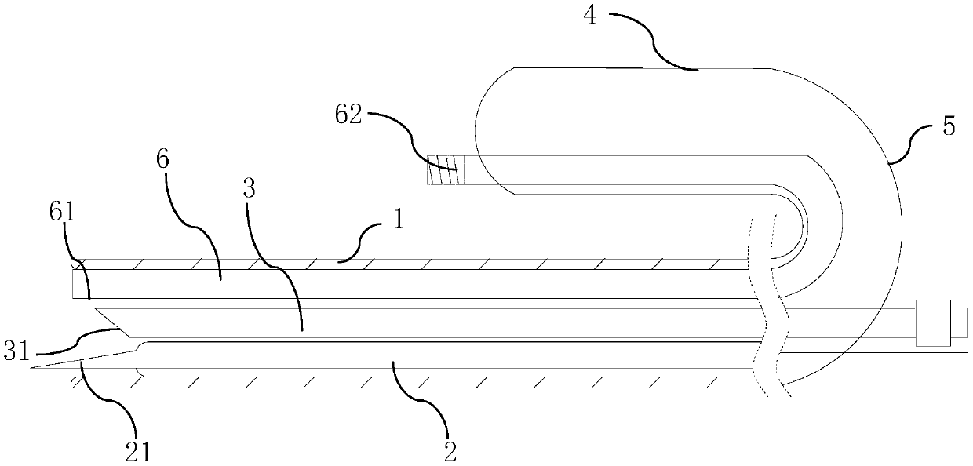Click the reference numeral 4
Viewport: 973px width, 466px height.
click(x=591, y=17)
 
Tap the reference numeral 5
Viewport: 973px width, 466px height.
click(x=948, y=127)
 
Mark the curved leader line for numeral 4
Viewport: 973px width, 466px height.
click(x=653, y=42)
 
